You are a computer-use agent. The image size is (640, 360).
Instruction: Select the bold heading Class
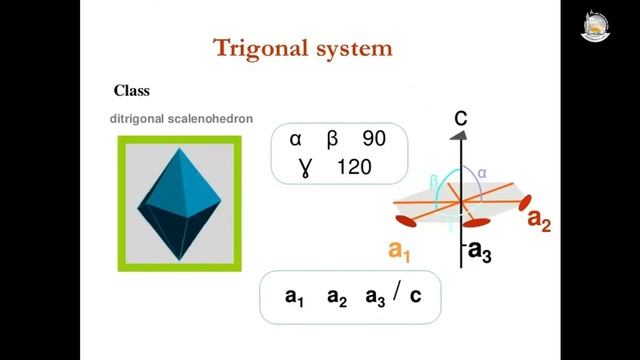click(132, 90)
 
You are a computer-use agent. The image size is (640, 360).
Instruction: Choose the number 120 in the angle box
click(354, 165)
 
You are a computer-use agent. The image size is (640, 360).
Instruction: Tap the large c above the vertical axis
click(461, 119)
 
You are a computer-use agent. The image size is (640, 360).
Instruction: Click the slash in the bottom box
click(398, 295)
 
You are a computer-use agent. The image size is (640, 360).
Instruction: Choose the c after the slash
click(420, 297)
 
